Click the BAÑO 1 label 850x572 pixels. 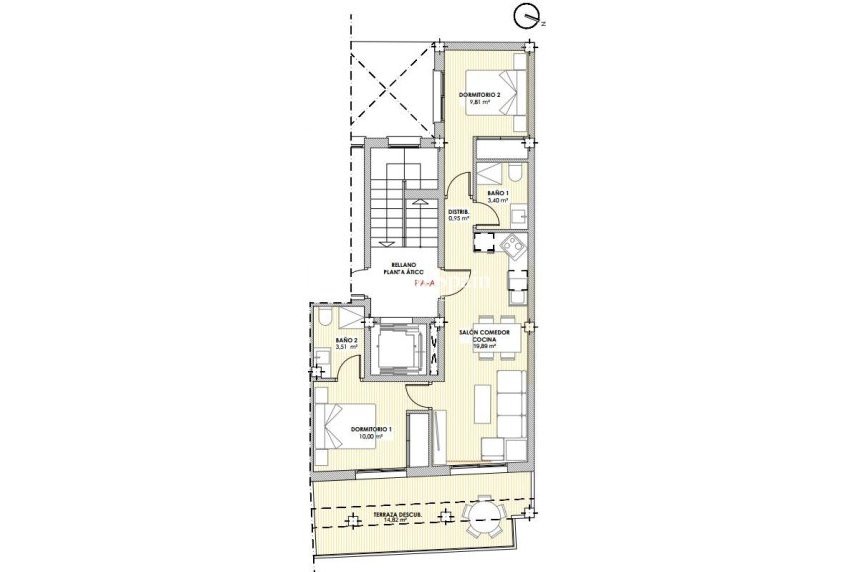(498, 193)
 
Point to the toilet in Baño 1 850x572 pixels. (514, 170)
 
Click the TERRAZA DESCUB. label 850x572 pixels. (397, 514)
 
